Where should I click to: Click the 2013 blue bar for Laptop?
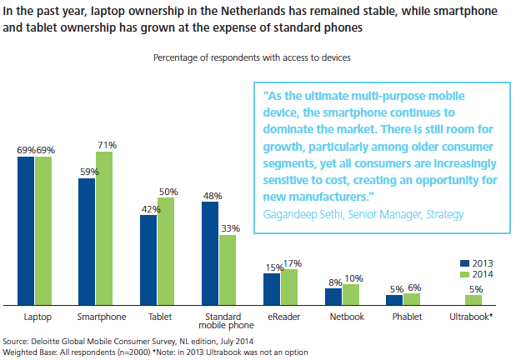(26, 231)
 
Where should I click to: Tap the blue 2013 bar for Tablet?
(148, 260)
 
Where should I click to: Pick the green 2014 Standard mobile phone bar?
(227, 271)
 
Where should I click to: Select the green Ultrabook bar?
(473, 300)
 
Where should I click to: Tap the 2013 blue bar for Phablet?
(394, 300)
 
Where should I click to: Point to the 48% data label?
(212, 196)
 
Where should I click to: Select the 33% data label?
(229, 228)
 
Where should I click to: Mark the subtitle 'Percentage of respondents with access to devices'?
(251, 57)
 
